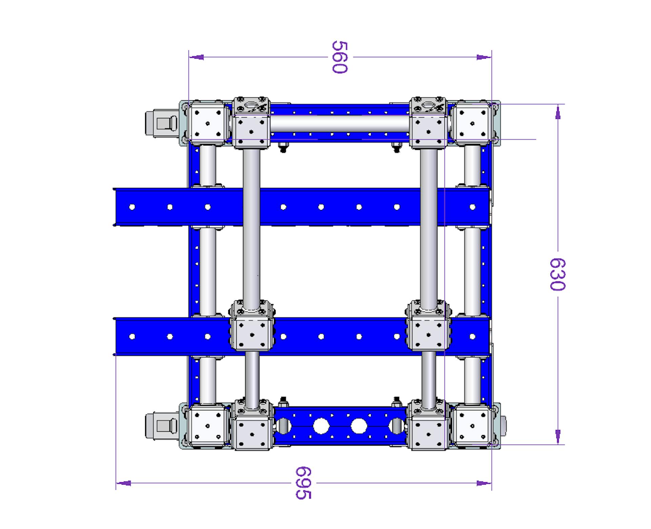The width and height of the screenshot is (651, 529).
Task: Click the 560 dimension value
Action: pyautogui.click(x=340, y=57)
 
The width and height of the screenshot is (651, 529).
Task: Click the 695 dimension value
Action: pyautogui.click(x=303, y=483)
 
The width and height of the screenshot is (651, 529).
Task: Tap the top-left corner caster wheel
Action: pyautogui.click(x=161, y=123)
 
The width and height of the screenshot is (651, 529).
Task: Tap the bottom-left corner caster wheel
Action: pyautogui.click(x=161, y=426)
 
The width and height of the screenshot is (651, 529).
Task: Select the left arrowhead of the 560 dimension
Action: pyautogui.click(x=197, y=57)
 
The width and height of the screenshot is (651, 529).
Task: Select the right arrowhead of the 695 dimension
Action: pyautogui.click(x=484, y=483)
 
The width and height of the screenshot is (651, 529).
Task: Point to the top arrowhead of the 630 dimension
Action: pyautogui.click(x=558, y=112)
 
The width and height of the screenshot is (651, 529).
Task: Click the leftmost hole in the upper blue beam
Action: pyautogui.click(x=132, y=207)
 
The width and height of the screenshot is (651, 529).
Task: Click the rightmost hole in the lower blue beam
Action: pyautogui.click(x=472, y=336)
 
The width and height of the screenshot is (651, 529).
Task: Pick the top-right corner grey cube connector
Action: pyautogui.click(x=472, y=123)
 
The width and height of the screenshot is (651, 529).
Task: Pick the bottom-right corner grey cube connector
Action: pyautogui.click(x=472, y=426)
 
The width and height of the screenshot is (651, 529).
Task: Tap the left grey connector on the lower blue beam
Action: pyautogui.click(x=252, y=334)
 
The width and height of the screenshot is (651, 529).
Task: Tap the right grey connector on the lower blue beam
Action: pyautogui.click(x=428, y=334)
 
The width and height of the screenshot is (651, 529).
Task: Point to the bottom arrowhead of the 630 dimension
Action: pyautogui.click(x=558, y=437)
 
